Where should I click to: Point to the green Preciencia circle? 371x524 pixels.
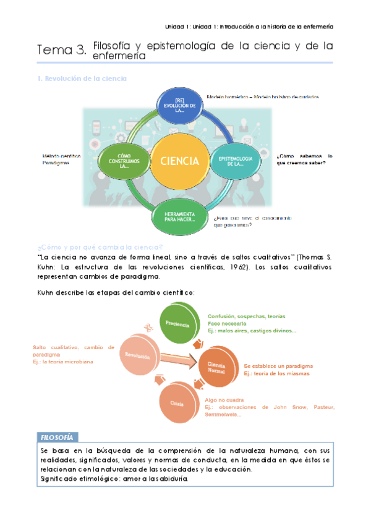178,324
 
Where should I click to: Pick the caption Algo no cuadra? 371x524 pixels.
224,400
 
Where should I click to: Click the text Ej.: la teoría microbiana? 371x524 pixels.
63,361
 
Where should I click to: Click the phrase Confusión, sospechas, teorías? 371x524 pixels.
246,316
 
